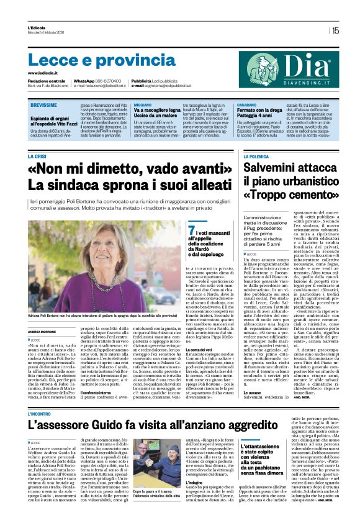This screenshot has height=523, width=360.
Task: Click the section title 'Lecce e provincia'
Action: [93, 60]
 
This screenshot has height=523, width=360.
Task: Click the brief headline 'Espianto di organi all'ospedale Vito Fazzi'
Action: [53, 122]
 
